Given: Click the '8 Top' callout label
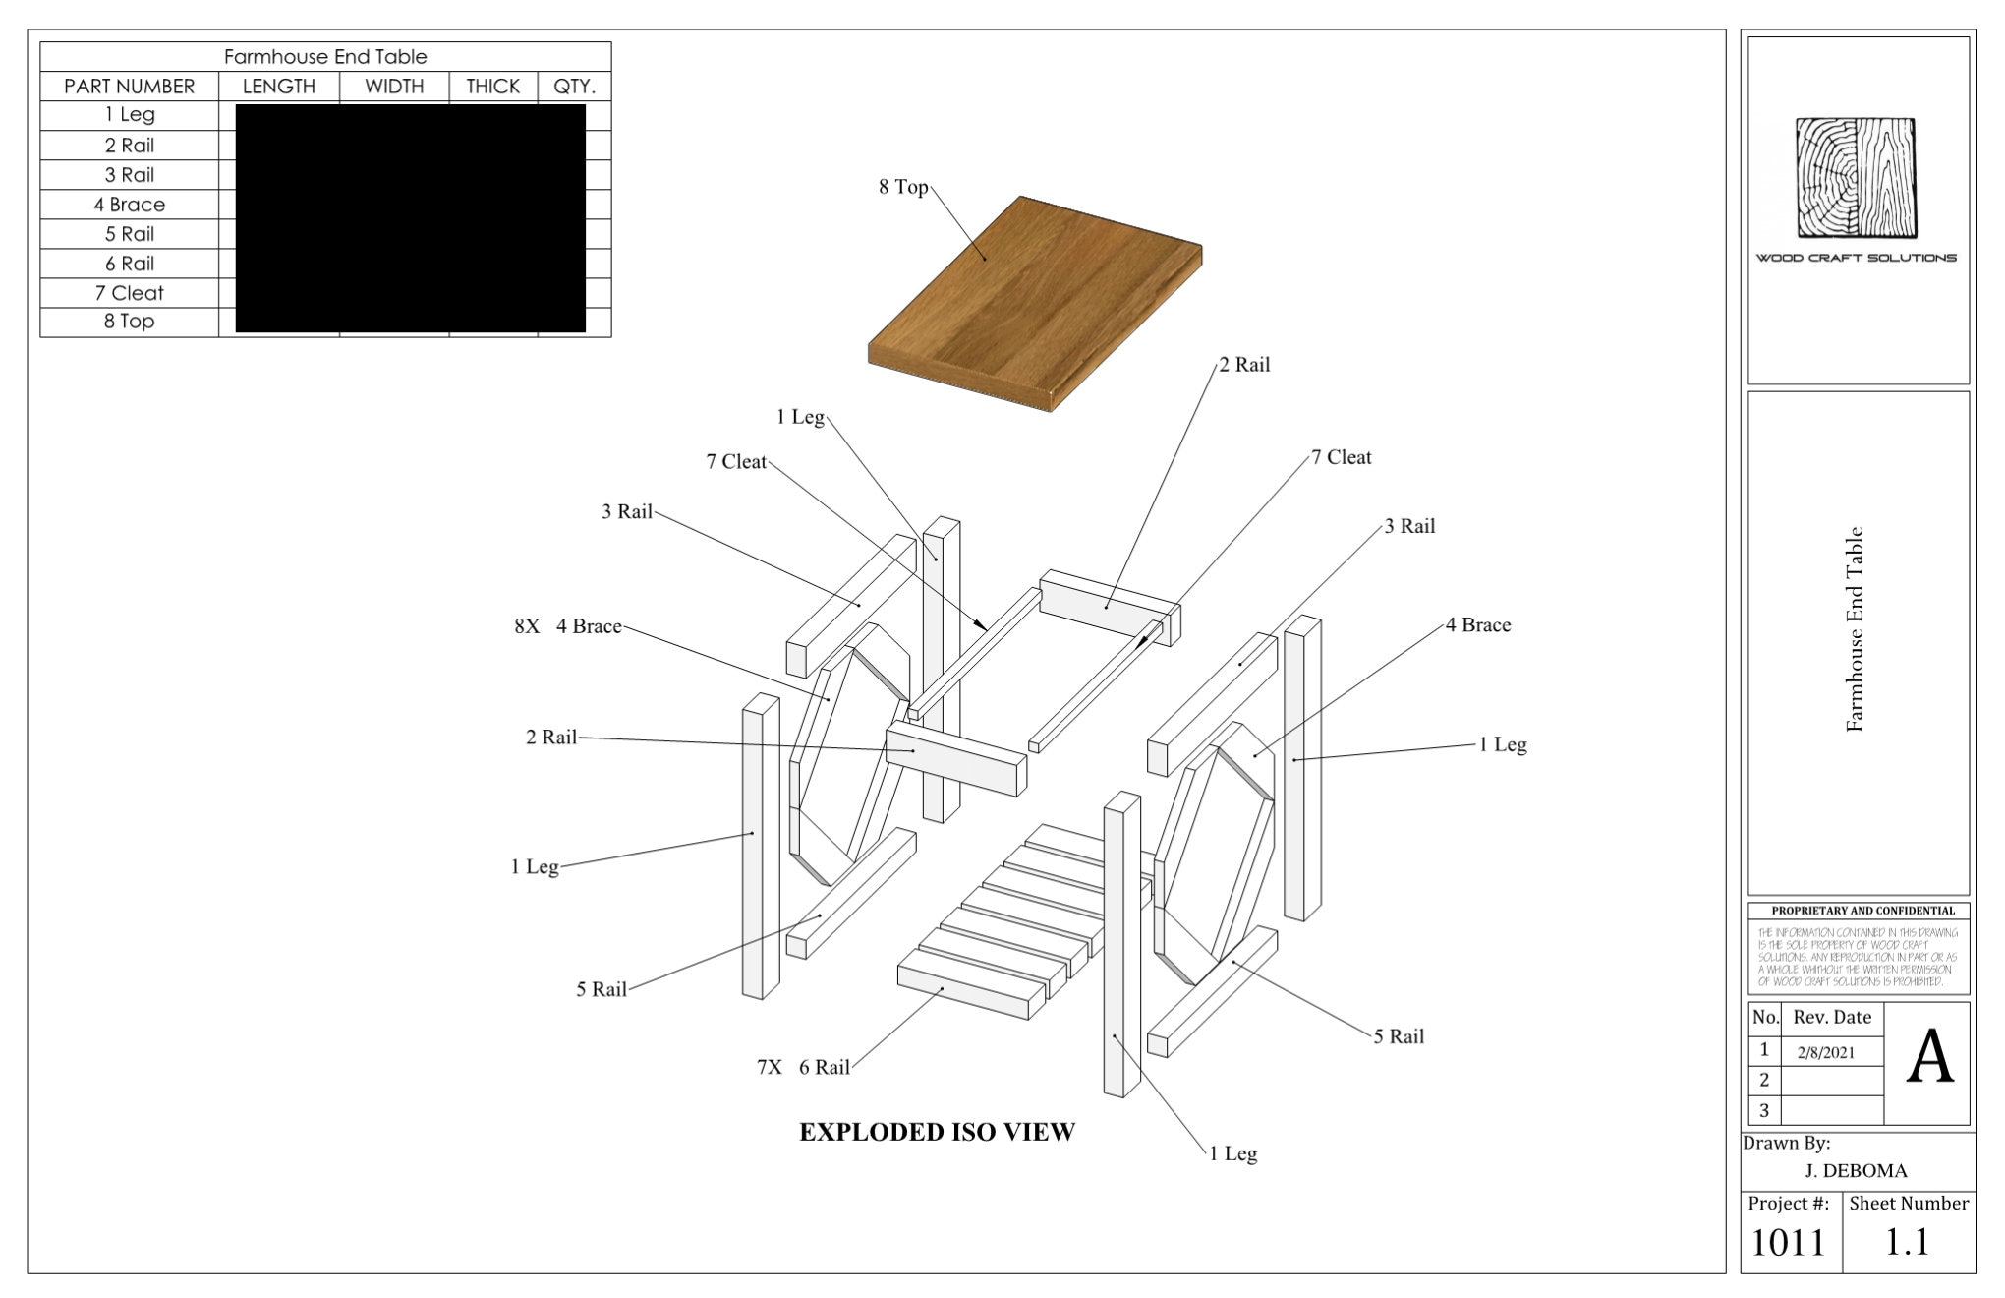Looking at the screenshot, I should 903,187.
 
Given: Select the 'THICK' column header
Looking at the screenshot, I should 492,87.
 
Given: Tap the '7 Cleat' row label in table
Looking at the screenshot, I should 130,293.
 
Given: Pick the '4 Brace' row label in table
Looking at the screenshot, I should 130,205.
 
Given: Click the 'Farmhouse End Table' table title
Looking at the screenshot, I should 325,57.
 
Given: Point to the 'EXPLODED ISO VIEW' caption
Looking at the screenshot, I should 937,1132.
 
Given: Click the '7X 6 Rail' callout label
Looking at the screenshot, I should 803,1067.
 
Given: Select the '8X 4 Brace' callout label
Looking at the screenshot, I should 568,626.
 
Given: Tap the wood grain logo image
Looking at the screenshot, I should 1857,178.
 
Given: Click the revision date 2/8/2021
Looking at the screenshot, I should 1825,1052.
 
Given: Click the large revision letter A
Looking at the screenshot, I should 1929,1059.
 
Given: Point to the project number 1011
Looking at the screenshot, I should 1788,1243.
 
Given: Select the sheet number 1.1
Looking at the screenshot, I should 1907,1243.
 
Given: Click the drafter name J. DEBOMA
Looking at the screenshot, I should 1856,1171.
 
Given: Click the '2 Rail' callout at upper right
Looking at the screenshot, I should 1245,365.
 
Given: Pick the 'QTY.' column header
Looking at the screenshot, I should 574,87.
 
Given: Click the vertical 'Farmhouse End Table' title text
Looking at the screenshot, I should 1855,629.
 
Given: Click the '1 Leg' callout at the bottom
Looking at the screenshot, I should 1233,1153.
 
